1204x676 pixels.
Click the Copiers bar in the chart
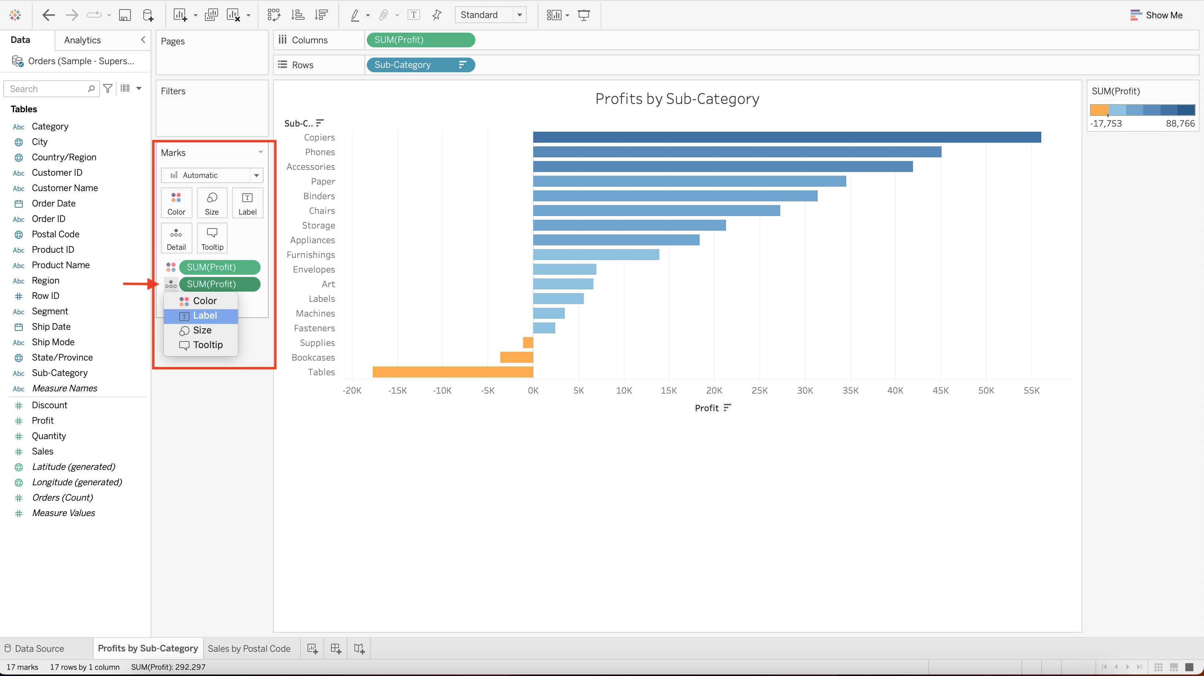[787, 137]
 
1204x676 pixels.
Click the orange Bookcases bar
[516, 357]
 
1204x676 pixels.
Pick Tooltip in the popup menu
[207, 345]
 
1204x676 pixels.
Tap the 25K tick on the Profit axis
[759, 391]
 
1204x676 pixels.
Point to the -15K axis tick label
[397, 391]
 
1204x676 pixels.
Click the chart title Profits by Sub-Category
[677, 99]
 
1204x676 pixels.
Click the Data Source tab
[39, 648]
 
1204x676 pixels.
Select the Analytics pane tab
[82, 40]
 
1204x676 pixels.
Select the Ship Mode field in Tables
[53, 342]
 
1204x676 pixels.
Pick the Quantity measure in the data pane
[49, 436]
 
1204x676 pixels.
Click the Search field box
[47, 89]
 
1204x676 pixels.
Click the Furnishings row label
[310, 255]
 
